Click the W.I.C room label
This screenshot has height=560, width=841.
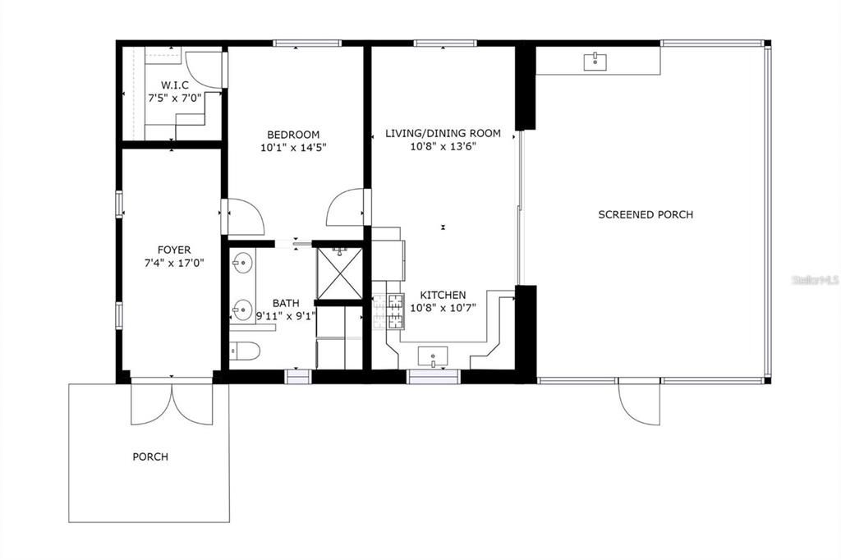click(175, 85)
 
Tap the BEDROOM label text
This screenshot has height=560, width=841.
click(293, 135)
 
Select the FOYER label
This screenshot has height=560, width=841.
click(174, 250)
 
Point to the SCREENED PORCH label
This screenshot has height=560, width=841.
click(646, 214)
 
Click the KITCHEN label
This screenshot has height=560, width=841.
click(443, 295)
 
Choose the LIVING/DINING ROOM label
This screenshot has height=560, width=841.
click(443, 134)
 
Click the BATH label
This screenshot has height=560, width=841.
click(286, 304)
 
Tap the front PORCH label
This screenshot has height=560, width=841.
click(151, 457)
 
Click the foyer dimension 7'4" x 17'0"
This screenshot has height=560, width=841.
click(174, 263)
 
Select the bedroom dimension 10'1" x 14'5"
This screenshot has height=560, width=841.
click(293, 147)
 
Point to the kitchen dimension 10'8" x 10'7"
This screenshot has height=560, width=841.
click(443, 308)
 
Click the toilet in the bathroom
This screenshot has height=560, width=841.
click(245, 352)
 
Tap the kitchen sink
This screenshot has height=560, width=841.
click(433, 356)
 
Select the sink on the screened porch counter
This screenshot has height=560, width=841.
click(595, 61)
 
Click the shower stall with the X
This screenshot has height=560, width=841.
click(339, 273)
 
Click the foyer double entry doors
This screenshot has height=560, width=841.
click(172, 403)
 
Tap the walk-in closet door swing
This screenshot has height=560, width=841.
click(204, 69)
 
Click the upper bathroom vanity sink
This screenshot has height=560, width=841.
click(242, 263)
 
